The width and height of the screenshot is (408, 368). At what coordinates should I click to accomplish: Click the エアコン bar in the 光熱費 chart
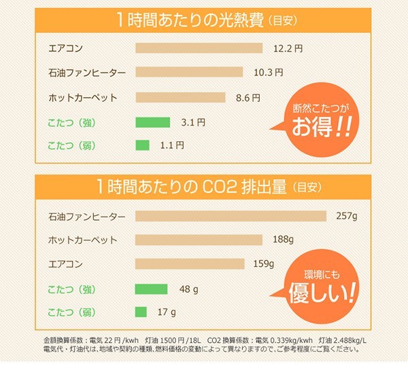click(199, 48)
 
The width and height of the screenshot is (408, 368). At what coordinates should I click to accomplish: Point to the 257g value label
click(346, 216)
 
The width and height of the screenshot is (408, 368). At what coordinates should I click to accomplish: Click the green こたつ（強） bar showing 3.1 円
click(152, 122)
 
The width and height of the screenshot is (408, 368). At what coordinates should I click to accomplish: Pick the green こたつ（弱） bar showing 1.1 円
click(142, 145)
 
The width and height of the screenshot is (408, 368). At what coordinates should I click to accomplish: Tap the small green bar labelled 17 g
click(141, 312)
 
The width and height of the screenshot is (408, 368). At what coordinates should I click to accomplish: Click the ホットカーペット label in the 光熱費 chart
click(83, 97)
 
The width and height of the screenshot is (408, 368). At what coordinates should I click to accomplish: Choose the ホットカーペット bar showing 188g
click(199, 240)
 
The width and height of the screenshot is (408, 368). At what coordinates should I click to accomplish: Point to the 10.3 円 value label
click(268, 72)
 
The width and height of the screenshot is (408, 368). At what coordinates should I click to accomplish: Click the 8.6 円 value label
click(248, 97)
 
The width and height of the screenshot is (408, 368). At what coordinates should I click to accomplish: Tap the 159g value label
click(262, 263)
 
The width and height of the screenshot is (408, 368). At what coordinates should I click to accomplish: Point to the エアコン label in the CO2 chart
click(67, 263)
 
